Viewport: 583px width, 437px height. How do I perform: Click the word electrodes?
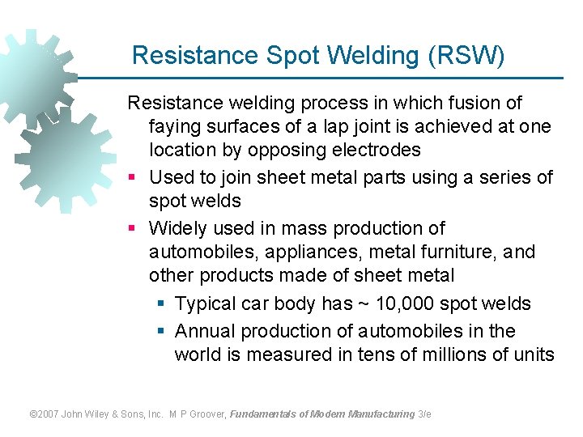pyautogui.click(x=381, y=151)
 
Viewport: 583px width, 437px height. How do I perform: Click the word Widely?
pyautogui.click(x=177, y=229)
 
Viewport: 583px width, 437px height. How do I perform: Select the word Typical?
pyautogui.click(x=206, y=304)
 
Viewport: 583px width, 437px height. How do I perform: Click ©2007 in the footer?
pyautogui.click(x=46, y=414)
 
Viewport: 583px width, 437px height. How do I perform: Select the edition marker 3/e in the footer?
pyautogui.click(x=424, y=414)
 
